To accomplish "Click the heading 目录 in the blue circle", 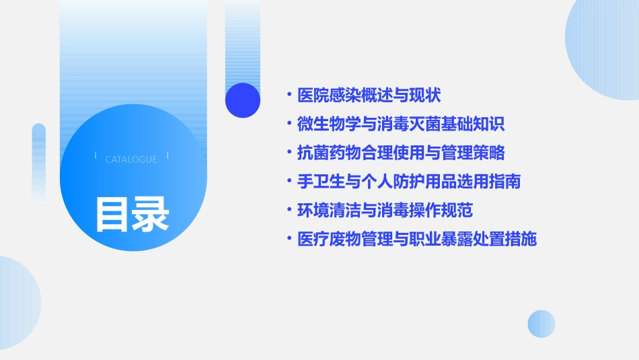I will pos(132,214).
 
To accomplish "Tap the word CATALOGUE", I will pos(131,159).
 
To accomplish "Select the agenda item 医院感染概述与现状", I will pos(369,96).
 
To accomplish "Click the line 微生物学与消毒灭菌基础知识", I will pos(401,124).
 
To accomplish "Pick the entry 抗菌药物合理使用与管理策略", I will pos(401,153).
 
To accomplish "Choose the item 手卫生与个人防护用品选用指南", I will pos(409,182).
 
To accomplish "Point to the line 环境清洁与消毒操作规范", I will pos(385,211).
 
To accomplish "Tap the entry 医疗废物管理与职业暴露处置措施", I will pos(417,239).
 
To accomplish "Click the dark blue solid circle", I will pos(243,100).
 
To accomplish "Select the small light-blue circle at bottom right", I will pos(541,324).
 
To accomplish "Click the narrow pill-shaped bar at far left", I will pos(39,161).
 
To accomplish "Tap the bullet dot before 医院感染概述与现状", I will pos(289,96).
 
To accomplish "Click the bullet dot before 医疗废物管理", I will pos(289,239).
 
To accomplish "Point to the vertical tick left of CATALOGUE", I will pos(96,156).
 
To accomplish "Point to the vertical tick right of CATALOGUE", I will pos(167,156).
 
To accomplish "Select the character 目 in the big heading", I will pos(112,214).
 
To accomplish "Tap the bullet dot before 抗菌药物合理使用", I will pos(289,153).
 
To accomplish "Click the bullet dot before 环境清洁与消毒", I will pos(289,211).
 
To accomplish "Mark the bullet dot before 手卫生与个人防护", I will pos(289,182).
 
